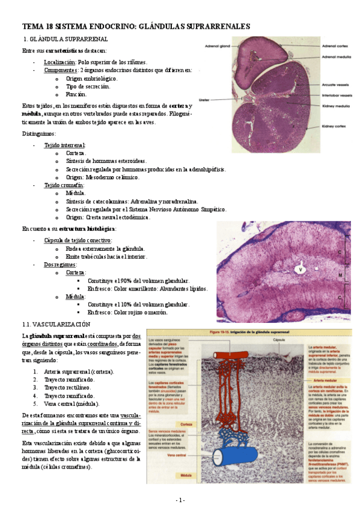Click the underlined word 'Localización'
59,63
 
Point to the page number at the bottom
180,500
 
